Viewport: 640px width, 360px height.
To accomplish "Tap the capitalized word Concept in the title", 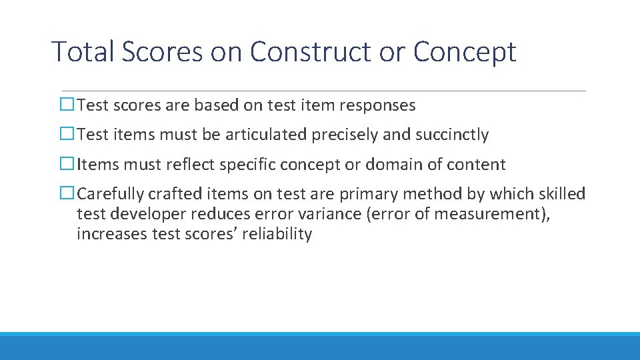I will (465, 51).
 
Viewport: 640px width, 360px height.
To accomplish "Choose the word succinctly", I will (452, 135).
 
